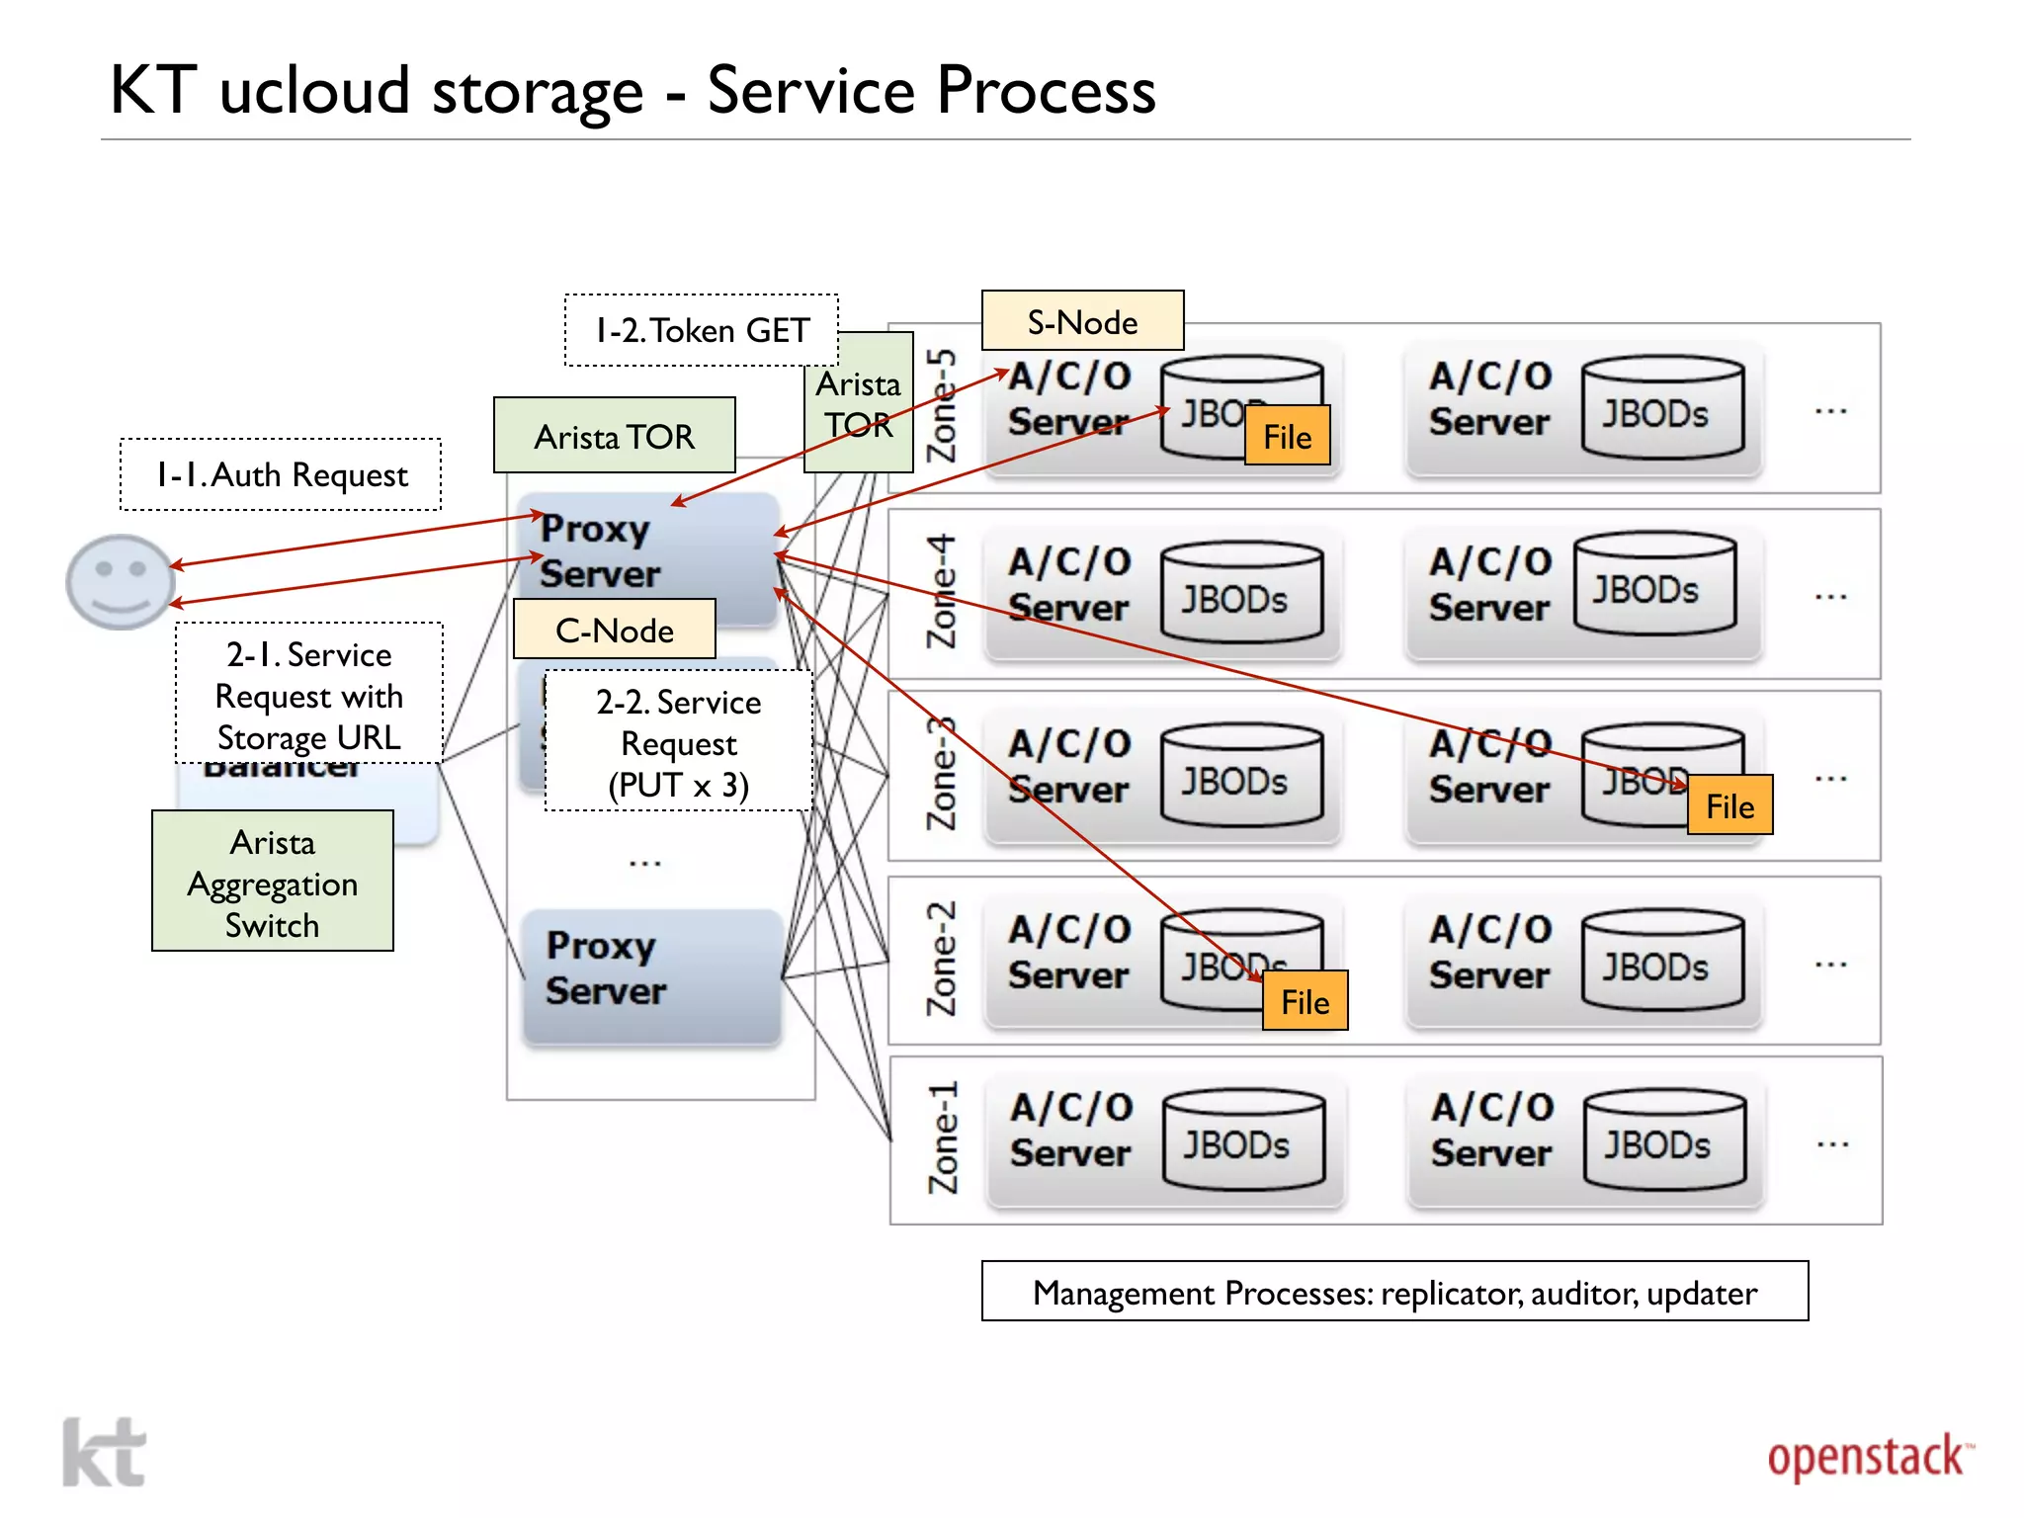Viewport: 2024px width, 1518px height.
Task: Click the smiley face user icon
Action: click(120, 582)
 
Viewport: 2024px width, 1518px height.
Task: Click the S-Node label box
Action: click(1082, 321)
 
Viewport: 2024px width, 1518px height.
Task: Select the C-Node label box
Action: click(614, 630)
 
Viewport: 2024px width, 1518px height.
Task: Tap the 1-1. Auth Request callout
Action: click(281, 475)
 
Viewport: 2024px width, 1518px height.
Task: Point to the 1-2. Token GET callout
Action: click(701, 330)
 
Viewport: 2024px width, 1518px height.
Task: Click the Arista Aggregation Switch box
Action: click(273, 882)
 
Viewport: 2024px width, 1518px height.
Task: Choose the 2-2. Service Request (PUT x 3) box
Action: click(679, 742)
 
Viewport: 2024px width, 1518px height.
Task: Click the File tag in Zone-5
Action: click(1287, 436)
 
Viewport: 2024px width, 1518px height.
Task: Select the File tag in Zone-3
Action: click(1729, 805)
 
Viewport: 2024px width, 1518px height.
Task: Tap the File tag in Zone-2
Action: click(1305, 1001)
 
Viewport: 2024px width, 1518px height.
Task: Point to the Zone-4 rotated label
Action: click(942, 592)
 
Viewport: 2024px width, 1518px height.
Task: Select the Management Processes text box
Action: click(1394, 1292)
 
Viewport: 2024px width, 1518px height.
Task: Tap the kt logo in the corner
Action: click(105, 1452)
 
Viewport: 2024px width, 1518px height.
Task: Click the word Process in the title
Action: click(1046, 91)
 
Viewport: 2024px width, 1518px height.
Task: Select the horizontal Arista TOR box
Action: click(614, 436)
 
